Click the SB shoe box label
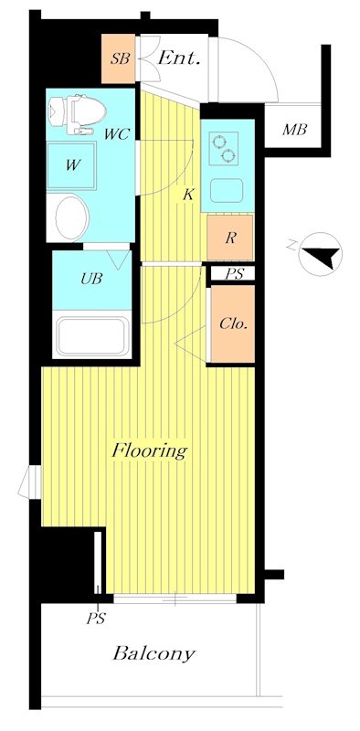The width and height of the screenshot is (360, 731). pyautogui.click(x=120, y=59)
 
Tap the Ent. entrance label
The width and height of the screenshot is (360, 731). pyautogui.click(x=179, y=58)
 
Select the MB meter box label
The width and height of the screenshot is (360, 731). pyautogui.click(x=294, y=130)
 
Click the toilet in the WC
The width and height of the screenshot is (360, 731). pyautogui.click(x=77, y=113)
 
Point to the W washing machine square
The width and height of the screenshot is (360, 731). pyautogui.click(x=71, y=165)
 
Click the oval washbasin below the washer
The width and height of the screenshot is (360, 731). pyautogui.click(x=72, y=217)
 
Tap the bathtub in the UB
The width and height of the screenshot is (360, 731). pyautogui.click(x=91, y=335)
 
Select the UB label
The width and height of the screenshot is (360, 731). pyautogui.click(x=91, y=280)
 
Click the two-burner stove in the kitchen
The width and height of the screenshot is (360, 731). pyautogui.click(x=223, y=148)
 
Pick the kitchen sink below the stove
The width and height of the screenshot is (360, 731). pyautogui.click(x=227, y=190)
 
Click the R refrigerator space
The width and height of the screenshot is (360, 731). pyautogui.click(x=230, y=238)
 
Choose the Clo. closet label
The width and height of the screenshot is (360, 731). pyautogui.click(x=233, y=324)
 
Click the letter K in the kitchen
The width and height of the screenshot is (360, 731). pyautogui.click(x=188, y=195)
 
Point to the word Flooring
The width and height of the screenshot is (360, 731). pyautogui.click(x=150, y=450)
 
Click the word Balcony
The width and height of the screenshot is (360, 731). pyautogui.click(x=154, y=653)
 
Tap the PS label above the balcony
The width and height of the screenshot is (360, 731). pyautogui.click(x=96, y=619)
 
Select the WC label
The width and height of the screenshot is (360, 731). pyautogui.click(x=117, y=135)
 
